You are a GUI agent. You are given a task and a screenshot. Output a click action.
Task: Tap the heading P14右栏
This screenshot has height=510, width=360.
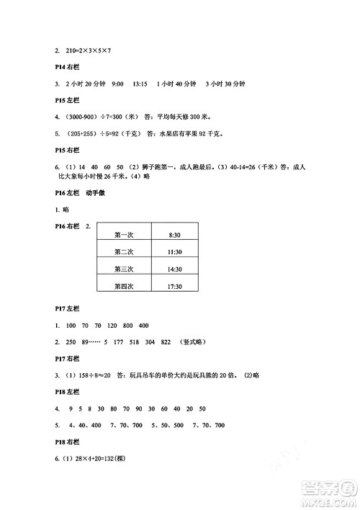point(67,68)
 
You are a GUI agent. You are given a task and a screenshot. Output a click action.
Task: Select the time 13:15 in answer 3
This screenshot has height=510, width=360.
point(140,84)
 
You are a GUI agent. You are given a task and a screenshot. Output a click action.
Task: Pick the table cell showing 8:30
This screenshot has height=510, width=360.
point(174,235)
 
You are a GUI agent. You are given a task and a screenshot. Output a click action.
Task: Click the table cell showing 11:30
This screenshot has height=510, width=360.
point(174,252)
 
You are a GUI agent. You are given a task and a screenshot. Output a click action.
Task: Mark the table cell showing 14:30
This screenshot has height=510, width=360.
point(174,269)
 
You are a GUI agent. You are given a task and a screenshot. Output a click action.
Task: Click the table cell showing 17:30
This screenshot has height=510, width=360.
point(174,287)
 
